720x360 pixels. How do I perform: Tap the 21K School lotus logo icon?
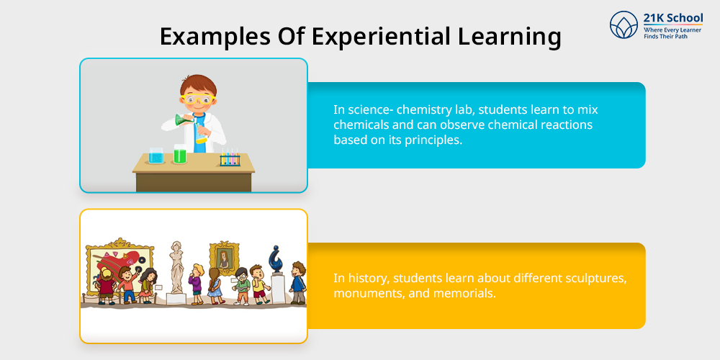point(624,24)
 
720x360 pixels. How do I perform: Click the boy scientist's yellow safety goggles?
point(198,99)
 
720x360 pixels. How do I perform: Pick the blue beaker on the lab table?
point(156,156)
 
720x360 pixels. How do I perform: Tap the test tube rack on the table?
point(229,158)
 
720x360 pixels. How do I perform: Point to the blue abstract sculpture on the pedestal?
point(276,259)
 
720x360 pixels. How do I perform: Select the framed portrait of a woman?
point(225,257)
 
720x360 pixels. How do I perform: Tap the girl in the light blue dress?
point(215,286)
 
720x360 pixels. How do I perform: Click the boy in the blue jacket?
point(297,282)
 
